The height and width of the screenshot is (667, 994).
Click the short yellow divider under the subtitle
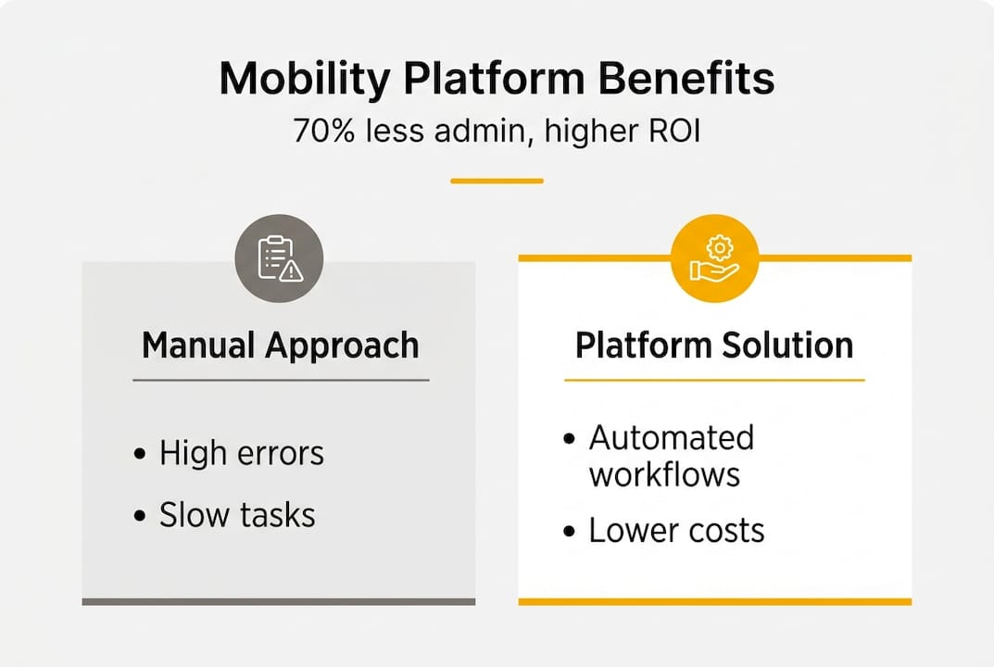[497, 181]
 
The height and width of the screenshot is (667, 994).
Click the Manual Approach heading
[280, 346]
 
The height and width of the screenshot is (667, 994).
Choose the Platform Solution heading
[714, 346]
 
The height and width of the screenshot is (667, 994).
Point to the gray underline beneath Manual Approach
[280, 380]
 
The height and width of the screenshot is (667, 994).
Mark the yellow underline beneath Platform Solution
[714, 380]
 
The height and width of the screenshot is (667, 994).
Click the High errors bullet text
[241, 454]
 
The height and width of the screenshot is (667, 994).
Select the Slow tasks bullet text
[237, 515]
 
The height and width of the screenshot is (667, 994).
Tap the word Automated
[672, 437]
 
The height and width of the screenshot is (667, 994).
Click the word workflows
[664, 474]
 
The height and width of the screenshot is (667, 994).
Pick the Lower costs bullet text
[676, 531]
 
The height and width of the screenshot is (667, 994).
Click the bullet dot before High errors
[140, 455]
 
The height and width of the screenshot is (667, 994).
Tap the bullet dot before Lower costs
[570, 532]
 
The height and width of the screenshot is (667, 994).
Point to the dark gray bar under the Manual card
[279, 601]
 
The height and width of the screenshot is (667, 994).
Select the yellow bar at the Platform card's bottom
[714, 601]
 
